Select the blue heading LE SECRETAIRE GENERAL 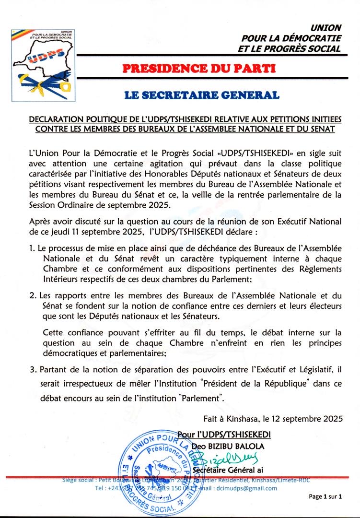(201, 95)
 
